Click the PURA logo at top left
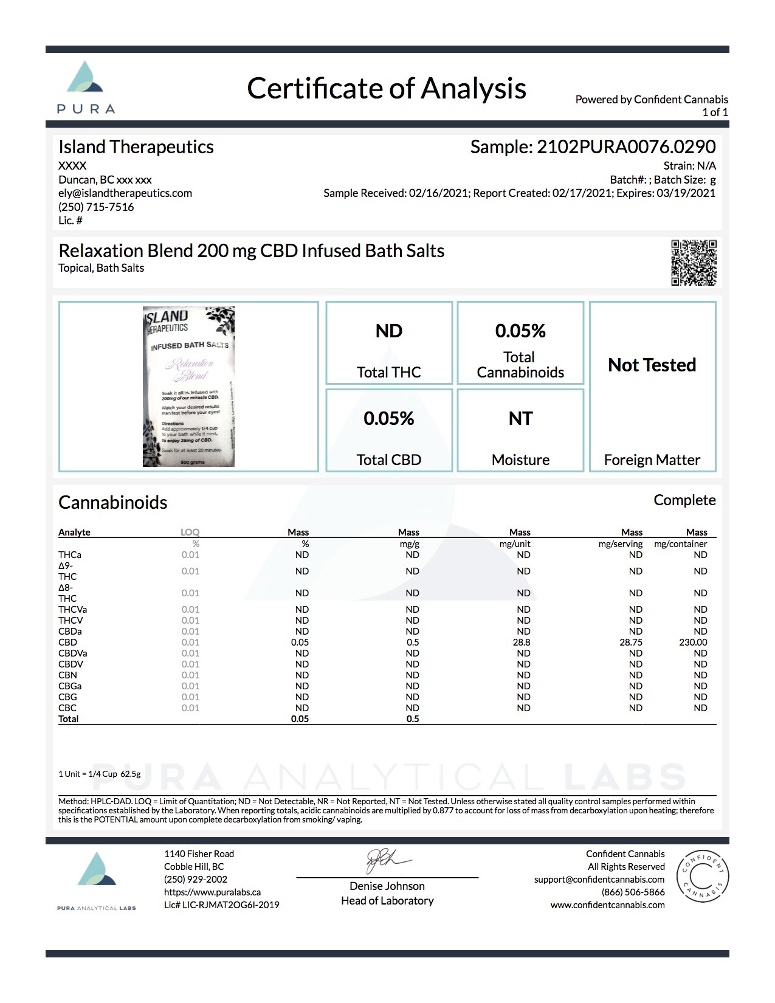tap(86, 88)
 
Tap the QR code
tap(694, 263)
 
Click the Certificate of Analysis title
tap(387, 88)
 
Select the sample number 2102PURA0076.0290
tap(626, 146)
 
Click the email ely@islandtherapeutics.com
tap(125, 193)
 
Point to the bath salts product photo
tap(188, 387)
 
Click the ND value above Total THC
tap(389, 331)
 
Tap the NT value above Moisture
tap(520, 419)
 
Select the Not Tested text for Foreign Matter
tap(652, 365)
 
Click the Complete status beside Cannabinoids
tap(684, 500)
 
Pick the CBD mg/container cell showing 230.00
tap(693, 643)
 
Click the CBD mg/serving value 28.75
tap(631, 643)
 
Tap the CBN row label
tap(68, 675)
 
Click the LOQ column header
tap(190, 533)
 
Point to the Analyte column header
tap(74, 533)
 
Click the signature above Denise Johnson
tap(387, 861)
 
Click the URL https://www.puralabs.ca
tap(212, 892)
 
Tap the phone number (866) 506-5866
tap(633, 892)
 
